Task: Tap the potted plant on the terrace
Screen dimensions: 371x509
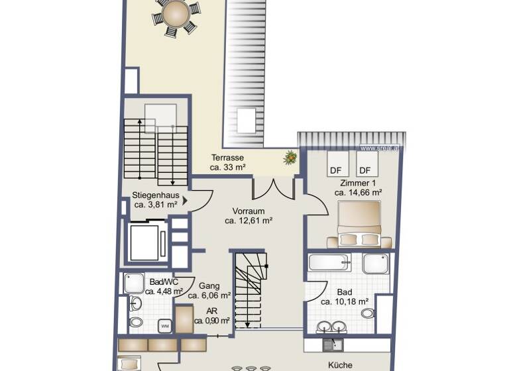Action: (290, 158)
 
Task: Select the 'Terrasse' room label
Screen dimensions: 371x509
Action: (228, 158)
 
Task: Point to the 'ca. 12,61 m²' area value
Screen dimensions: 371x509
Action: (249, 221)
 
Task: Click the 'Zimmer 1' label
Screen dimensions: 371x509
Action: (358, 183)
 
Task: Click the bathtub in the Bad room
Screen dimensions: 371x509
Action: (329, 262)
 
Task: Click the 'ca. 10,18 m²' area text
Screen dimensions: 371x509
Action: (345, 302)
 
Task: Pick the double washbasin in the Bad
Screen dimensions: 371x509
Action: (331, 326)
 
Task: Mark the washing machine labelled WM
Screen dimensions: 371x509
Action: (164, 325)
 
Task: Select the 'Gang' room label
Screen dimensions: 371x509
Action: (209, 286)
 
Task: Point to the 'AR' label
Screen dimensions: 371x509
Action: (212, 311)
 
